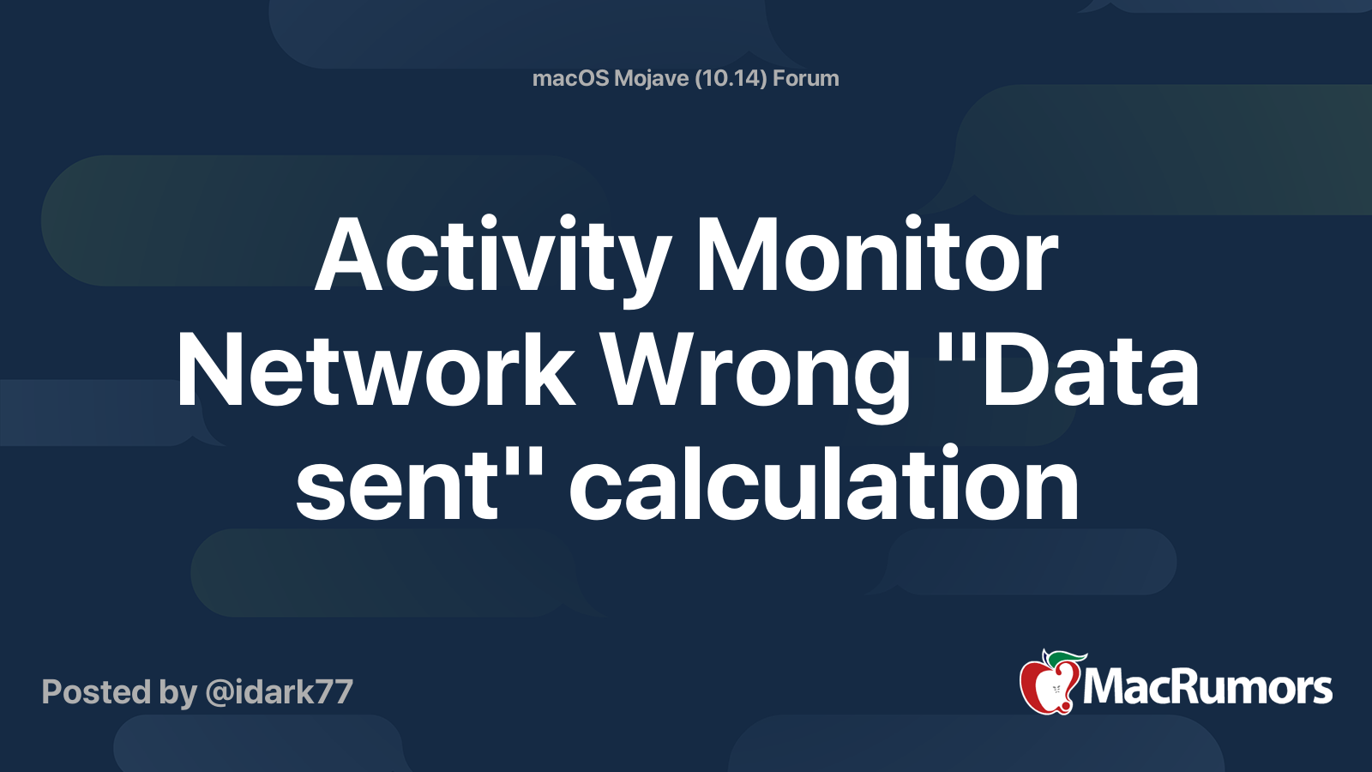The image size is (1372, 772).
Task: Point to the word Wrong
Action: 755,376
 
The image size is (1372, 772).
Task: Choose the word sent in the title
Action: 397,484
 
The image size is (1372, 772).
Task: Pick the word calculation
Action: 824,481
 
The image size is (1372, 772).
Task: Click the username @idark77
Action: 280,692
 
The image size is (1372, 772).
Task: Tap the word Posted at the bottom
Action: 96,691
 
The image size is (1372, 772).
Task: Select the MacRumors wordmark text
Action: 1207,687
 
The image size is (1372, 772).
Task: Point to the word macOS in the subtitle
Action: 570,78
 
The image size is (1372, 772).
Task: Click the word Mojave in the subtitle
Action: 651,79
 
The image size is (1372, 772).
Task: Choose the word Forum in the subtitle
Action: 805,78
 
